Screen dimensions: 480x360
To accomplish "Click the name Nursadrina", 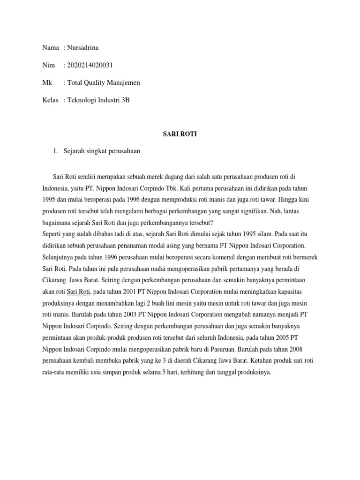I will coord(84,47).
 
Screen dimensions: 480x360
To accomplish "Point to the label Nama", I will coord(50,47).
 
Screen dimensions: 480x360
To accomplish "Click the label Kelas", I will coord(51,100).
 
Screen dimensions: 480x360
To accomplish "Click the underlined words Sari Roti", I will coord(78,292).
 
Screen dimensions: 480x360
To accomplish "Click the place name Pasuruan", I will coord(221,349).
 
